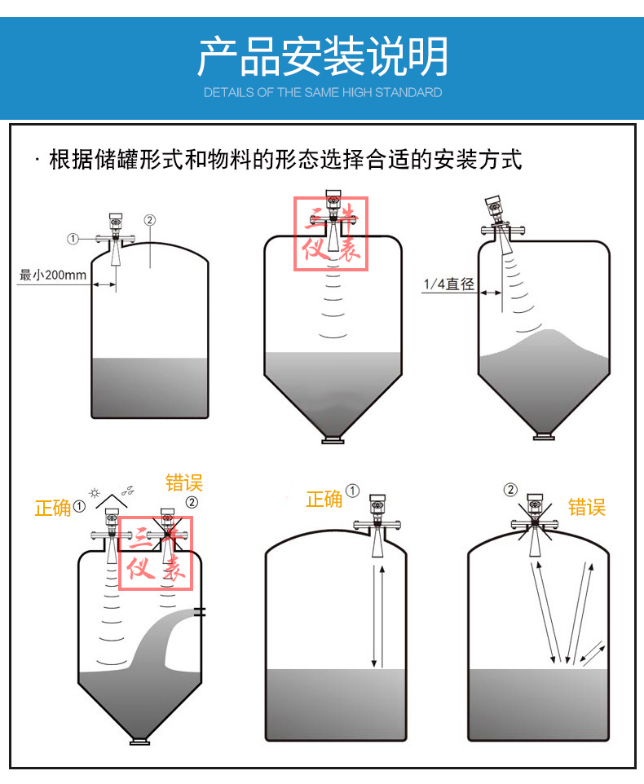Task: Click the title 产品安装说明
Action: coord(323,56)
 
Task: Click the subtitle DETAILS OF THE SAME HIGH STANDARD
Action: coord(323,93)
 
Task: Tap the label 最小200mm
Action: coord(52,275)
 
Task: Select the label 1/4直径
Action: coord(449,284)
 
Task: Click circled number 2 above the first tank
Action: coord(149,220)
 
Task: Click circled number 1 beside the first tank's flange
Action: coord(73,239)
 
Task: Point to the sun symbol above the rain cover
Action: coord(94,493)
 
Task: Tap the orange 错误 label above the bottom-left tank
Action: coord(184,483)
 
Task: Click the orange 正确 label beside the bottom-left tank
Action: coord(53,509)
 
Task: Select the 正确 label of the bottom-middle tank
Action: coord(324,499)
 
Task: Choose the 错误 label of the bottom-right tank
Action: coord(587,508)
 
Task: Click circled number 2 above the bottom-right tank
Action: coord(510,490)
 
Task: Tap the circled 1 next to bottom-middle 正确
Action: coord(352,491)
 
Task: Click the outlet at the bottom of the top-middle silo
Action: coord(333,440)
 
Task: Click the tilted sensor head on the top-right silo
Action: coord(493,209)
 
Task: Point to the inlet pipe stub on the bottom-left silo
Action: coord(200,611)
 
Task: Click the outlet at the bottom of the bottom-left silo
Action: coord(140,741)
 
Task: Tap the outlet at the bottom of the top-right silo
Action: coord(544,437)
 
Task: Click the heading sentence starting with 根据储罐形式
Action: coord(285,160)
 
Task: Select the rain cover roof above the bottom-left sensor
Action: coord(112,501)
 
